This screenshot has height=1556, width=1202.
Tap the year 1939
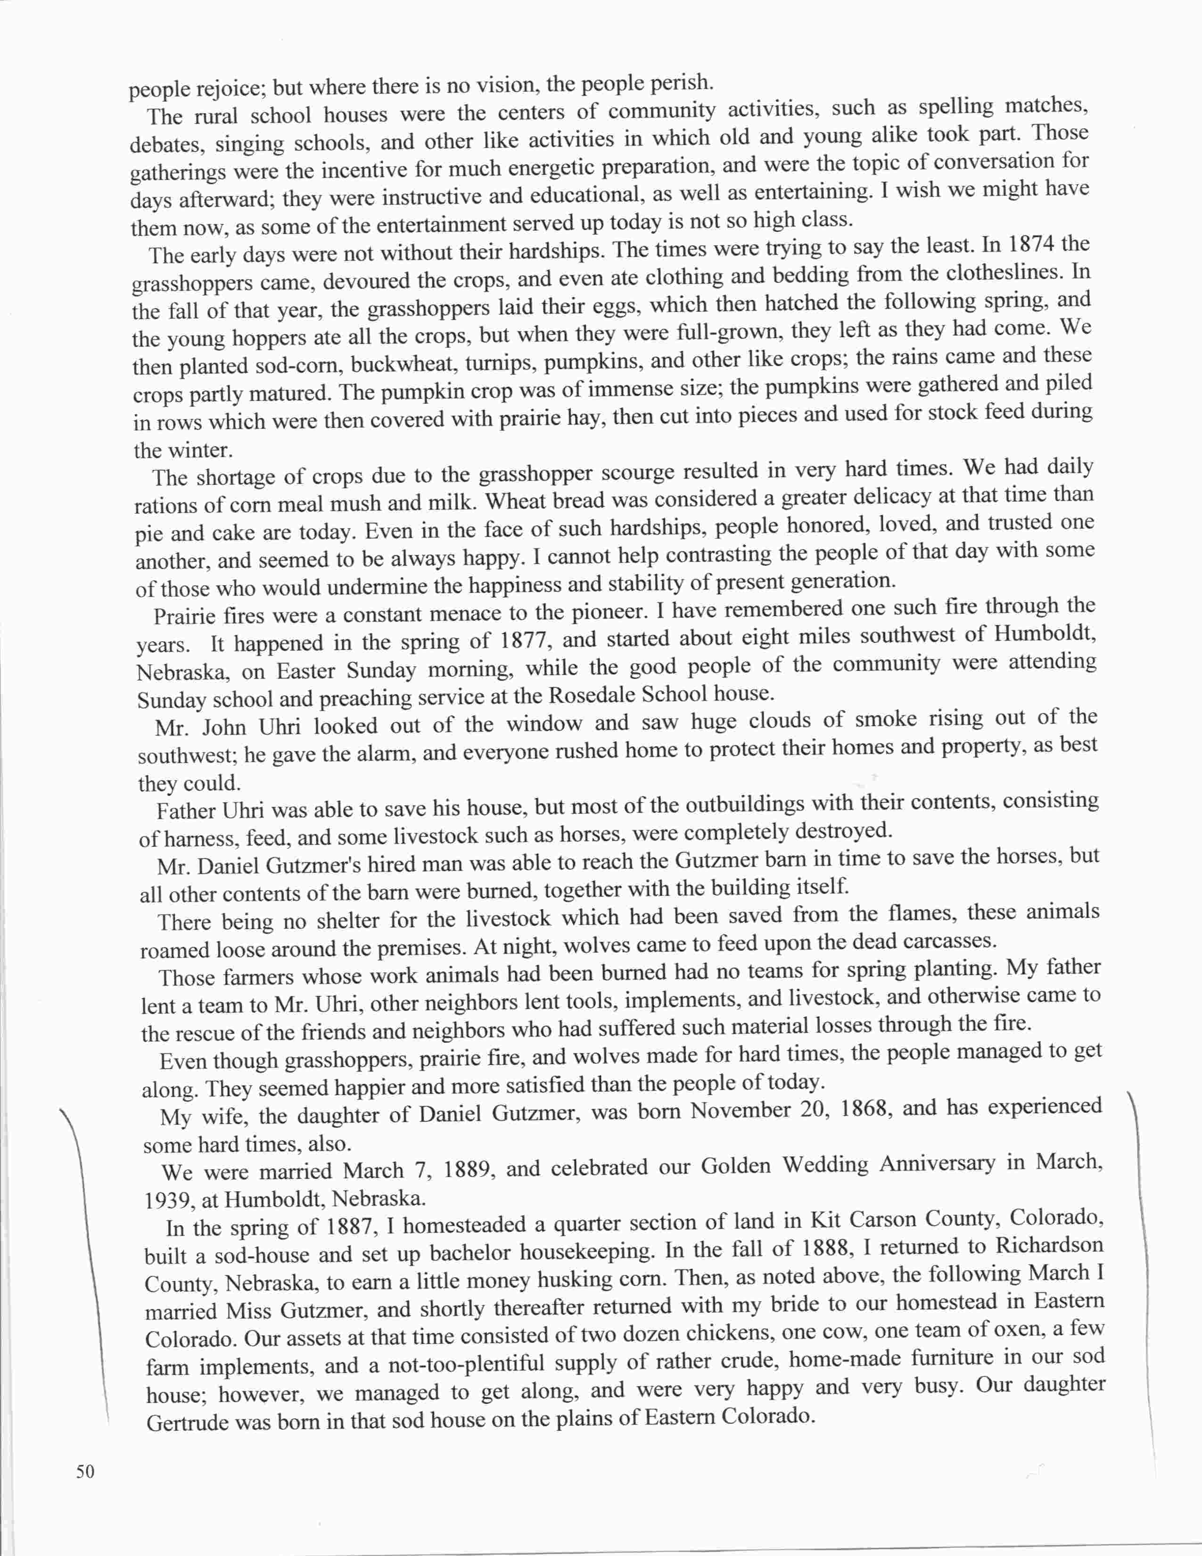[170, 1200]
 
